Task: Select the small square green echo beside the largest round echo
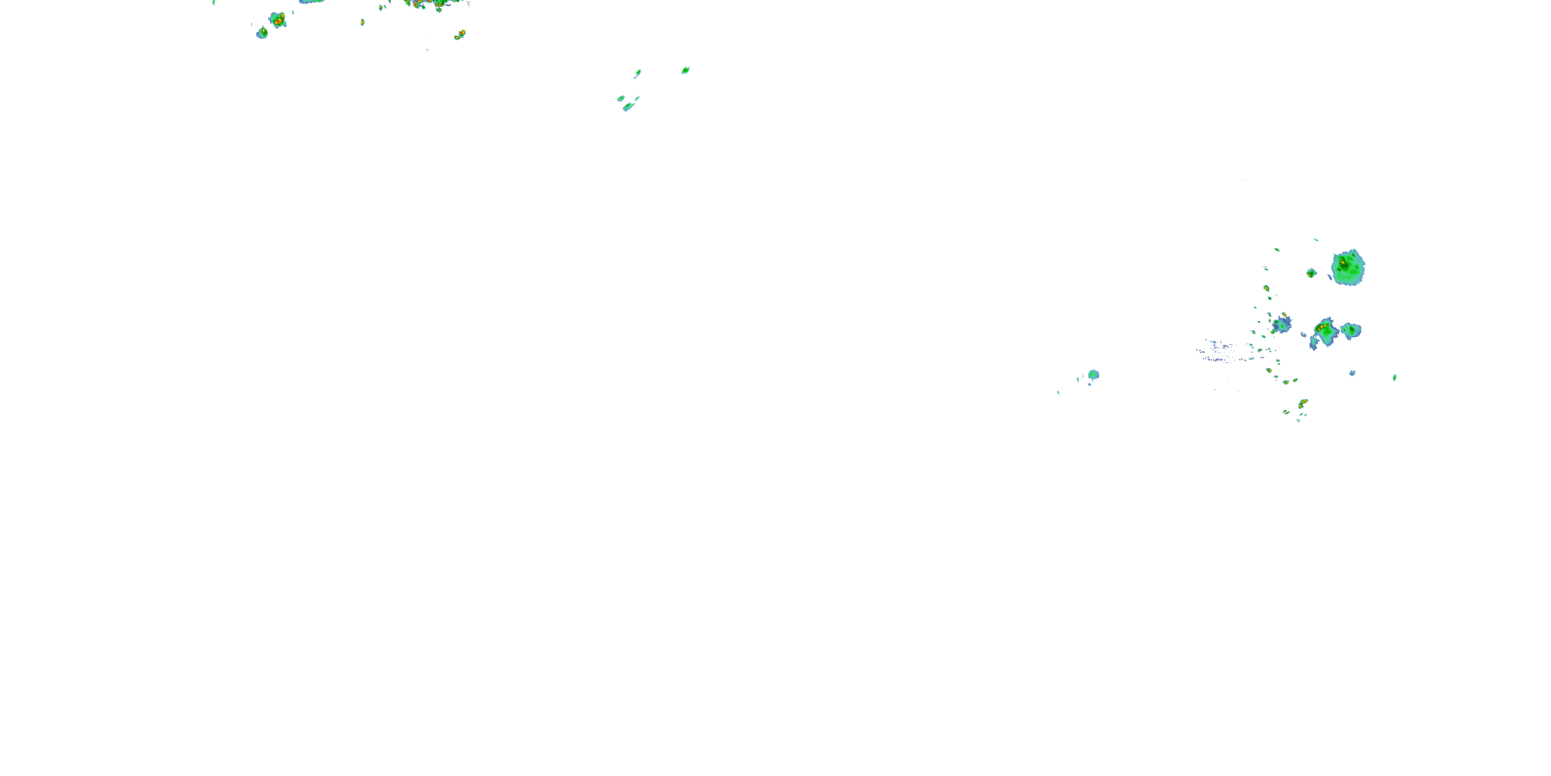coord(1311,273)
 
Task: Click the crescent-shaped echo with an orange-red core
coord(1303,403)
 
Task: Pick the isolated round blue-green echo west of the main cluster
coord(1093,375)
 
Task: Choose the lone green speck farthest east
coord(1394,378)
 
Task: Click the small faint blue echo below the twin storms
coord(1352,373)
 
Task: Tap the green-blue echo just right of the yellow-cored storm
coord(1351,330)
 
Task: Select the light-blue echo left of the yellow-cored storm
coord(1282,324)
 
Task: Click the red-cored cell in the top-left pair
coord(278,20)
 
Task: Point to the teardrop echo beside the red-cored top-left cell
coord(262,33)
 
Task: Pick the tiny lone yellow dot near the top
coord(362,22)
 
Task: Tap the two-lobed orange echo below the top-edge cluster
coord(460,34)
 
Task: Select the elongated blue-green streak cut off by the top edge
coord(313,2)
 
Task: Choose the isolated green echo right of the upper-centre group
coord(685,70)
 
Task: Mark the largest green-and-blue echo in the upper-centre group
coord(629,107)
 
